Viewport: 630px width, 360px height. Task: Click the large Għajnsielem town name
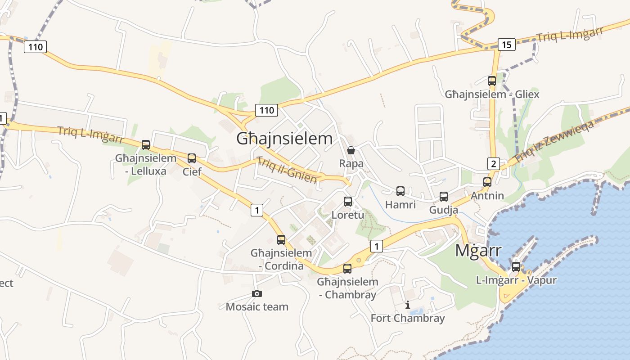284,139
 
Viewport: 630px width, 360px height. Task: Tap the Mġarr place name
478,250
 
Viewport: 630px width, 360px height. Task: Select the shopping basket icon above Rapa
351,150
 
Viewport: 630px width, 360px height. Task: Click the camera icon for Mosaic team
257,294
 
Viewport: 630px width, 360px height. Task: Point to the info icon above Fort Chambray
408,305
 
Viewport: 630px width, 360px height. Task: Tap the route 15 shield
507,45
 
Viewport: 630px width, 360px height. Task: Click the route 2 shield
494,163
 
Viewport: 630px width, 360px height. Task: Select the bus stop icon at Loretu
348,202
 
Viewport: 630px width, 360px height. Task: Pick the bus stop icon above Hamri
400,191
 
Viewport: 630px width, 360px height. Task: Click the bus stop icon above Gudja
444,197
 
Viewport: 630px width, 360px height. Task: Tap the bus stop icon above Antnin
487,182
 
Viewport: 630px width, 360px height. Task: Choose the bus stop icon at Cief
192,158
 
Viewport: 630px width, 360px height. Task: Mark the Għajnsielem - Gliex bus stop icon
492,81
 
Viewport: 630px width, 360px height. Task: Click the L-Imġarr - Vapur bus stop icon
516,267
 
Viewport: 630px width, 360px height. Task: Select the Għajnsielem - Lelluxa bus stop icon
146,145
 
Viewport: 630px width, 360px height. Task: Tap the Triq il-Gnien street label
287,171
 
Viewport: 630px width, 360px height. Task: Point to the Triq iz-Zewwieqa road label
553,142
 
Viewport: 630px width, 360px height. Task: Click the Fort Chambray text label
408,318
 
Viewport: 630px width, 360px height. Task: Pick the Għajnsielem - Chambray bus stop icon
347,269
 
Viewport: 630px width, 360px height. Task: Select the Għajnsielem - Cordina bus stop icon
281,240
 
